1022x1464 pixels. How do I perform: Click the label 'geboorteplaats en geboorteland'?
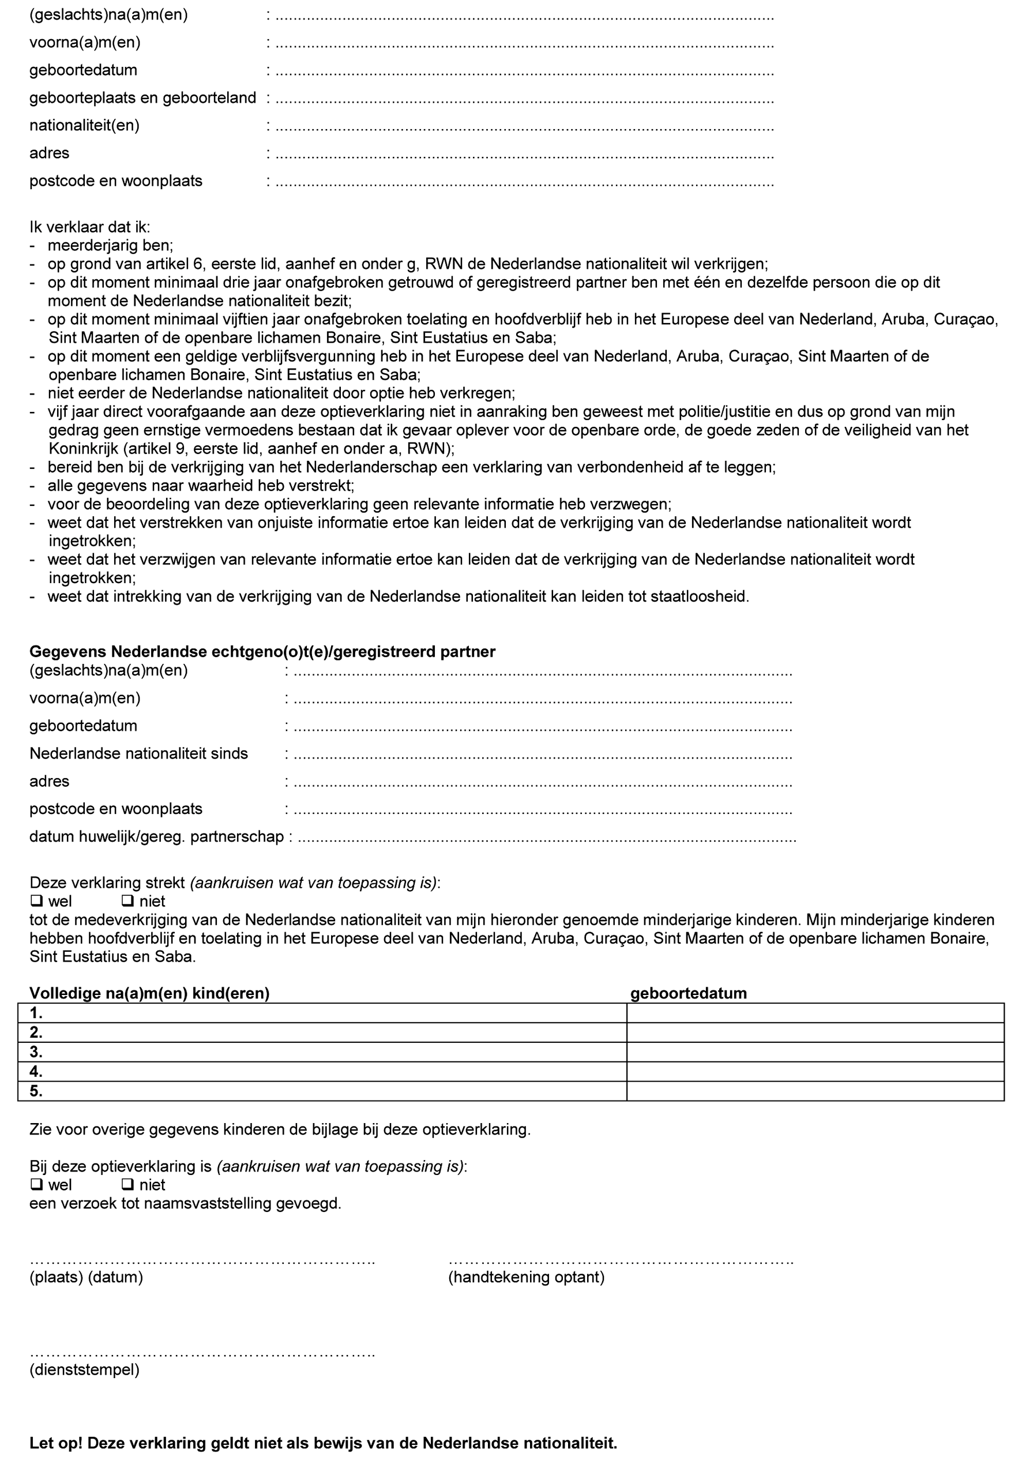click(142, 97)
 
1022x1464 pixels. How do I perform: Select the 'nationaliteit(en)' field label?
click(84, 125)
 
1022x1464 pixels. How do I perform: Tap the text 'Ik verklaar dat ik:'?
click(89, 227)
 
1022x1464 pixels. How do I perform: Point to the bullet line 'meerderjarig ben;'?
click(110, 246)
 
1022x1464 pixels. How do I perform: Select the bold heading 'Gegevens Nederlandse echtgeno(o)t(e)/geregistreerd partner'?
click(262, 651)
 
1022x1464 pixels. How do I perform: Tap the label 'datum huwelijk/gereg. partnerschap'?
click(156, 836)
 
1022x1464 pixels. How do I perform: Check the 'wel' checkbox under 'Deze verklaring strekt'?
click(36, 901)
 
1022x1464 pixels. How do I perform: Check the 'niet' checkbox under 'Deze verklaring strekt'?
click(127, 901)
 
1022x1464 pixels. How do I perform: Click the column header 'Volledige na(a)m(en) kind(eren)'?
click(149, 993)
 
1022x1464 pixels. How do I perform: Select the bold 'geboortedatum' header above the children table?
click(688, 993)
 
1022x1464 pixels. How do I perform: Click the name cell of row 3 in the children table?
click(322, 1052)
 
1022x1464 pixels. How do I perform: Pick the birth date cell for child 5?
click(815, 1091)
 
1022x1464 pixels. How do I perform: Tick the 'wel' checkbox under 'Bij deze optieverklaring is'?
click(36, 1185)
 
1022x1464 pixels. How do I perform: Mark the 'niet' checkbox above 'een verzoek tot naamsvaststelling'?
click(127, 1185)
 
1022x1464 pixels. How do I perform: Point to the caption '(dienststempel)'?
click(84, 1369)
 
